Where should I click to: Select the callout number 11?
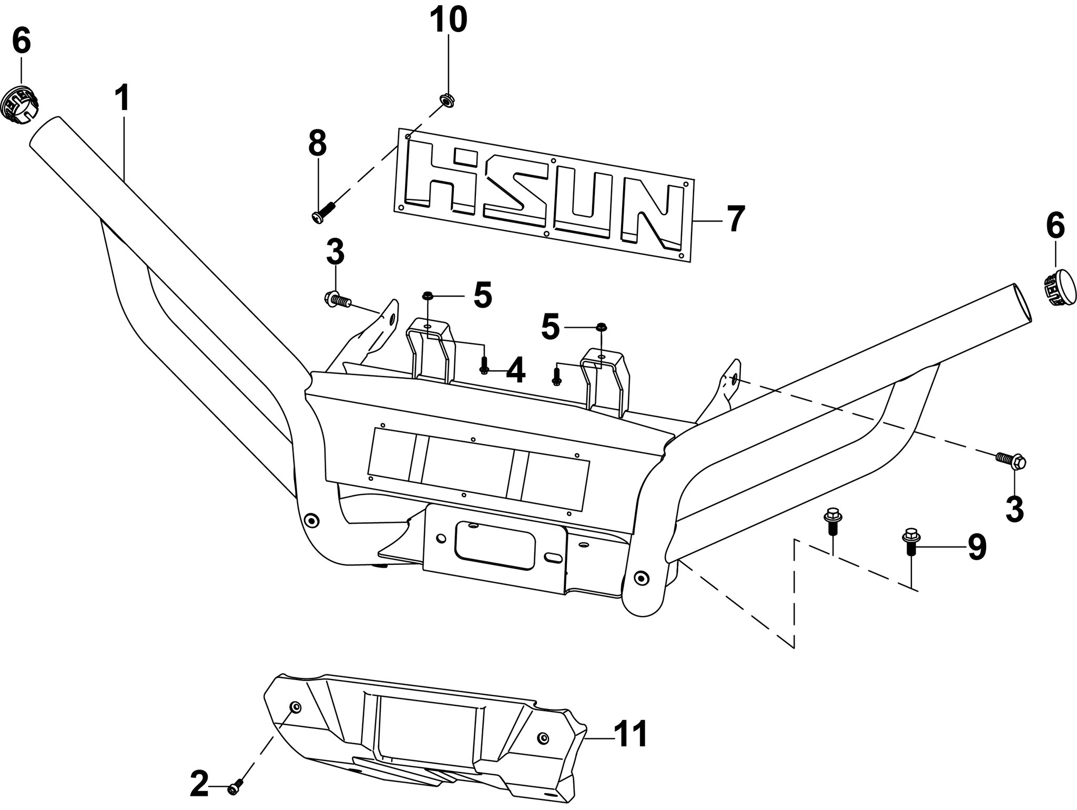[x=631, y=735]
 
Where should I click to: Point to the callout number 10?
[x=449, y=19]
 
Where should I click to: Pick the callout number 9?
[x=977, y=548]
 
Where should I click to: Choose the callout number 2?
[x=200, y=785]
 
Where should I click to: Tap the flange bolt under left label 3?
[x=337, y=301]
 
